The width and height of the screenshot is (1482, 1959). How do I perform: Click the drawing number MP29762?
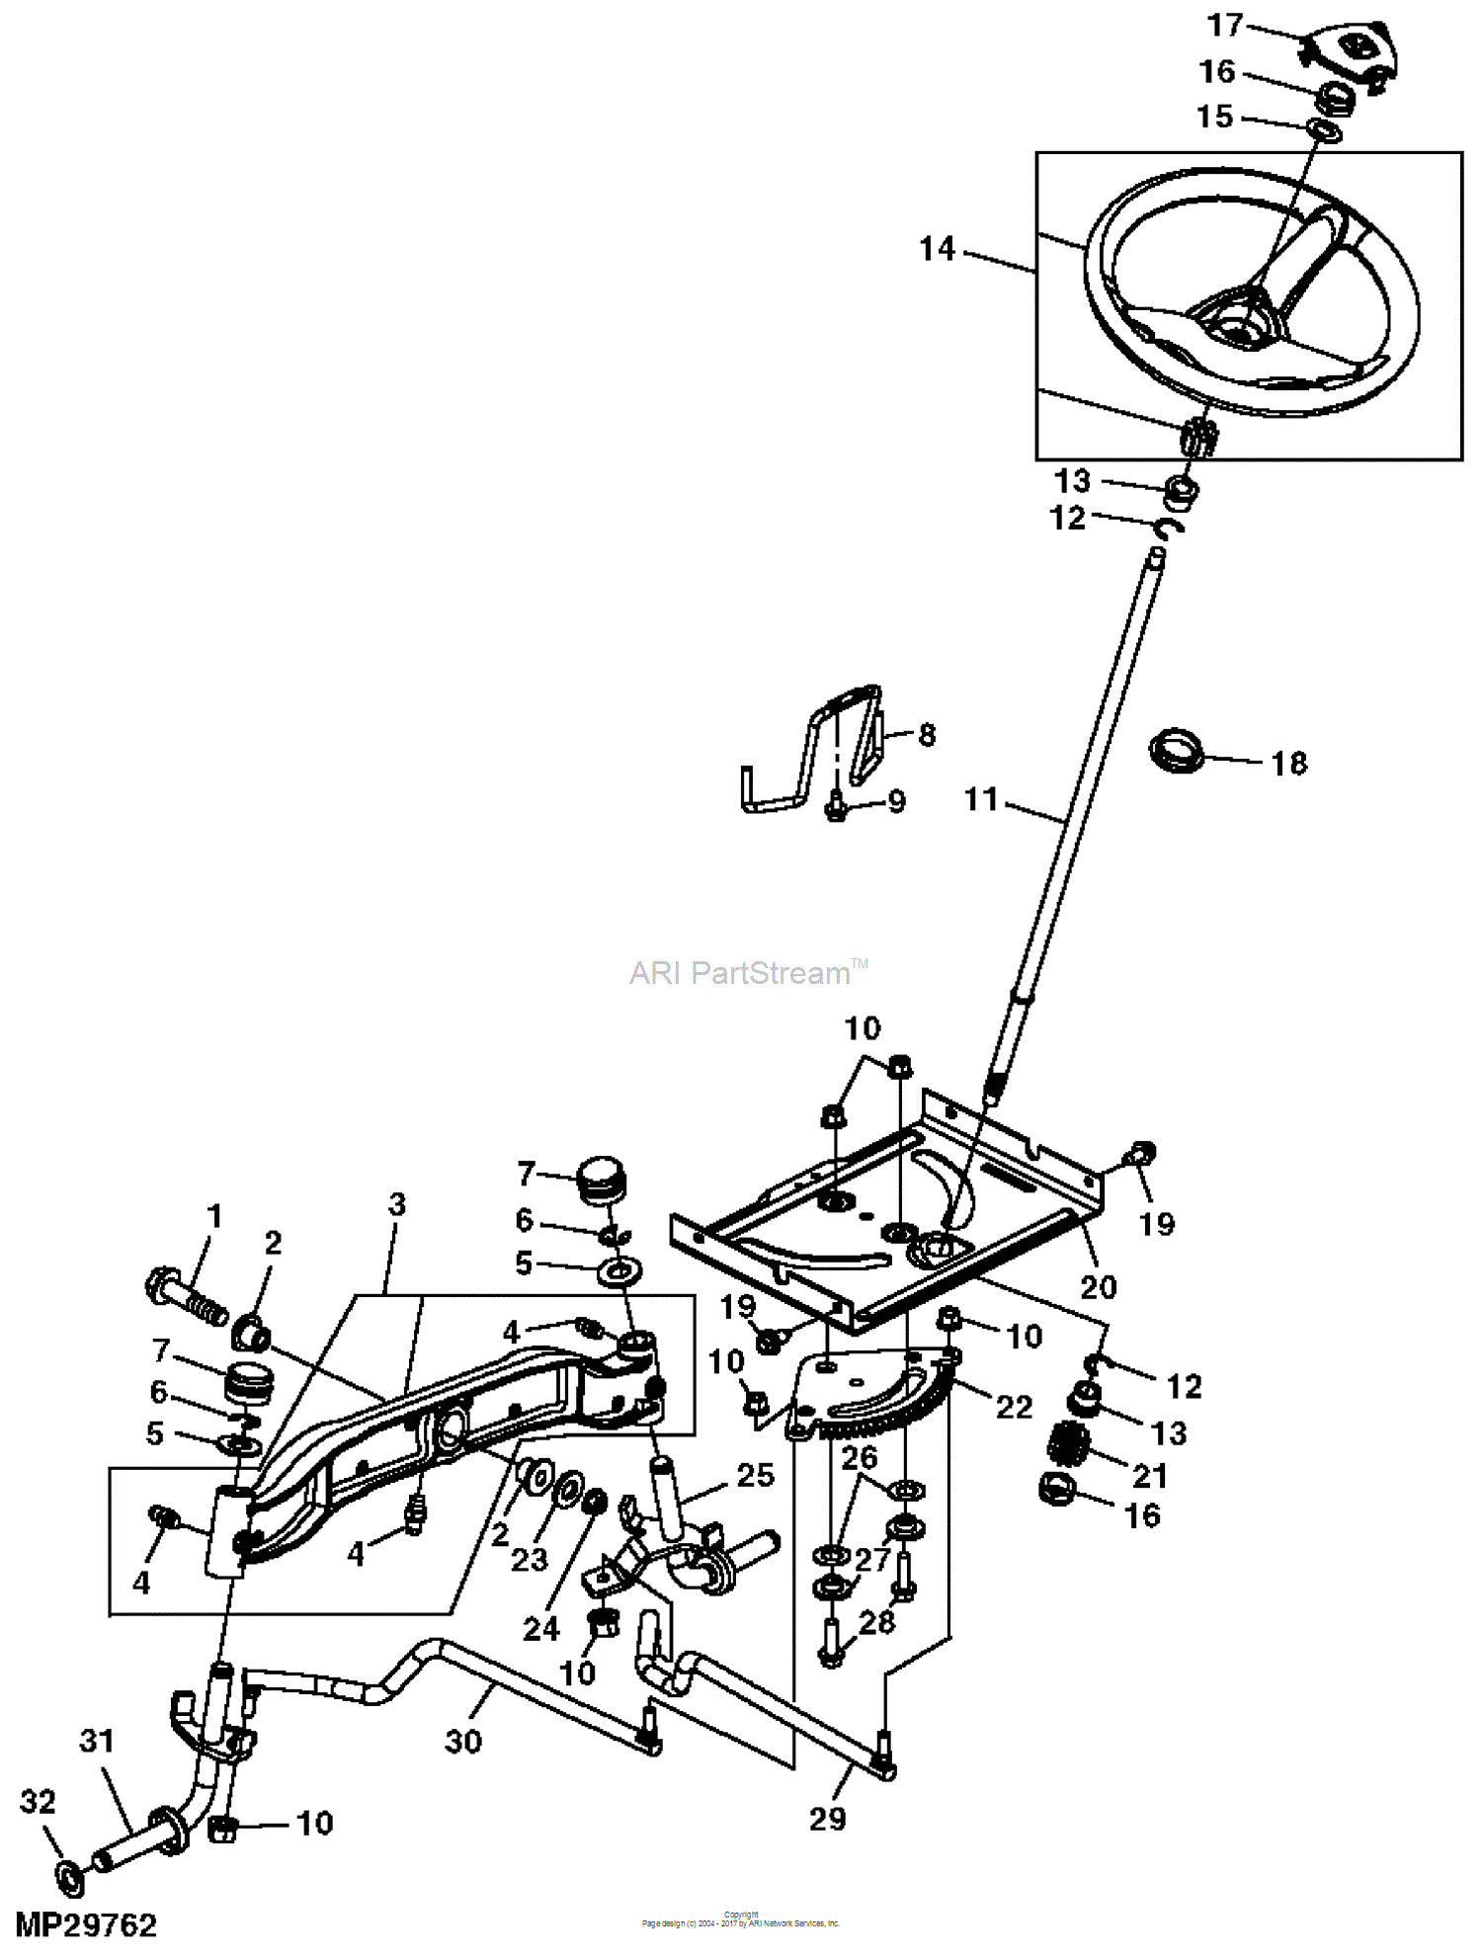point(86,1924)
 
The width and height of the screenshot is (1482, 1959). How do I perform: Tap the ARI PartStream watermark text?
point(741,973)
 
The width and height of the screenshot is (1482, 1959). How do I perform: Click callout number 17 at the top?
point(1224,26)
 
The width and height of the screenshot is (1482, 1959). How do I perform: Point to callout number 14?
point(938,249)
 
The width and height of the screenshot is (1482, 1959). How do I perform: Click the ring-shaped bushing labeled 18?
point(1177,751)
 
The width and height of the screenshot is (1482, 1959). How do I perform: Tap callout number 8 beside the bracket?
point(926,734)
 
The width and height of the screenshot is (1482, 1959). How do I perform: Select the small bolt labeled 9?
point(835,808)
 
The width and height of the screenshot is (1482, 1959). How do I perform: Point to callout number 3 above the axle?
point(396,1204)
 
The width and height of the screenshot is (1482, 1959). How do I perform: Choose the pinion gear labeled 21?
point(1068,1443)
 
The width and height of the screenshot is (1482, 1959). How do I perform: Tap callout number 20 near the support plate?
point(1098,1286)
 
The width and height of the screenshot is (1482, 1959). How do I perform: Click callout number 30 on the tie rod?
point(462,1741)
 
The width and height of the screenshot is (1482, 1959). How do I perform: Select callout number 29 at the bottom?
point(827,1818)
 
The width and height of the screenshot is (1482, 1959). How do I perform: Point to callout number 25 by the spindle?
point(755,1475)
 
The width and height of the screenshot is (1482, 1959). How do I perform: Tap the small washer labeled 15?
point(1325,129)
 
